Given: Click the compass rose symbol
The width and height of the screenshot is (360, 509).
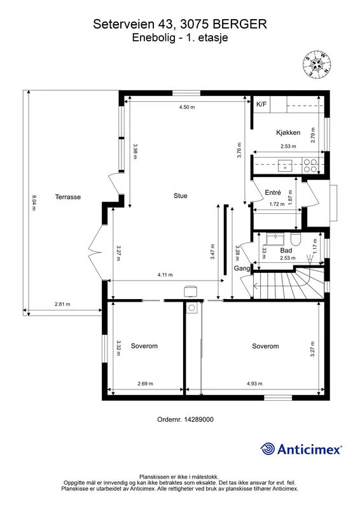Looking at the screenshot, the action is (x=317, y=65).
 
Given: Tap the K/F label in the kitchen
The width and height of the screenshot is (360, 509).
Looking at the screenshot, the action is (x=261, y=104).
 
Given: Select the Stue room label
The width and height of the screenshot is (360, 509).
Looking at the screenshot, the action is (x=181, y=196).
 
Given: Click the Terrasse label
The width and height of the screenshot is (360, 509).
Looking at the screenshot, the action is (x=68, y=197).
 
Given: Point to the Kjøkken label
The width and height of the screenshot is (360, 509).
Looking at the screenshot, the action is (x=288, y=132).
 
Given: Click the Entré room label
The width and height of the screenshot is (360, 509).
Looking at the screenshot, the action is (x=273, y=193).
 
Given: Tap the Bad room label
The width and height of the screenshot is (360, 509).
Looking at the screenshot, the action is (x=286, y=250).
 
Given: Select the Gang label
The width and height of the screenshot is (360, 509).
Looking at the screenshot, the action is (x=242, y=268).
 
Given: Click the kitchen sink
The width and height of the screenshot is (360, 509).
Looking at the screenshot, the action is (x=285, y=166).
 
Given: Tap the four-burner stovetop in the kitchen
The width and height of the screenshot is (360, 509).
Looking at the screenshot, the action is (x=310, y=165).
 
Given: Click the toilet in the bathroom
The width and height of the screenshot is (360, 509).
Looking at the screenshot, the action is (x=296, y=239).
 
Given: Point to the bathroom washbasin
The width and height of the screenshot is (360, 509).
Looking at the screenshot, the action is (x=275, y=239).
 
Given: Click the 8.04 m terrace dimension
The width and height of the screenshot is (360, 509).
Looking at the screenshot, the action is (x=34, y=202).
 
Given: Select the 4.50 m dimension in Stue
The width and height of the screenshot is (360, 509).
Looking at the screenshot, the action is (x=187, y=107).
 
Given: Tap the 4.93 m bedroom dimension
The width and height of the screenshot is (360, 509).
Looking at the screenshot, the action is (x=254, y=384).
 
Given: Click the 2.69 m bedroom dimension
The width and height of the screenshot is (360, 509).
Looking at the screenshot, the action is (x=145, y=384).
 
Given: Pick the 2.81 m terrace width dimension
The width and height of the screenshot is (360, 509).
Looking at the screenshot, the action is (x=62, y=304).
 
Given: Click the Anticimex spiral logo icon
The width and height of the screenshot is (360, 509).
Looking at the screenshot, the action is (x=268, y=449).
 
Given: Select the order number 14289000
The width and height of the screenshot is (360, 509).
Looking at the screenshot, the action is (x=198, y=419).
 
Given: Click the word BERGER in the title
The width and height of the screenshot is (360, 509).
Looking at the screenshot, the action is (x=240, y=24).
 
